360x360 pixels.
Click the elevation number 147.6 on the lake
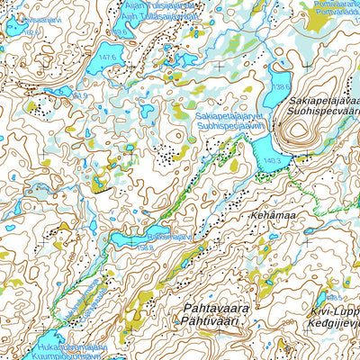[110, 57]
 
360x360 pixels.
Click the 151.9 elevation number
[81, 95]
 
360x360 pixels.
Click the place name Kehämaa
[272, 217]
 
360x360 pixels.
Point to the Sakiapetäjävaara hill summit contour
[299, 136]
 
